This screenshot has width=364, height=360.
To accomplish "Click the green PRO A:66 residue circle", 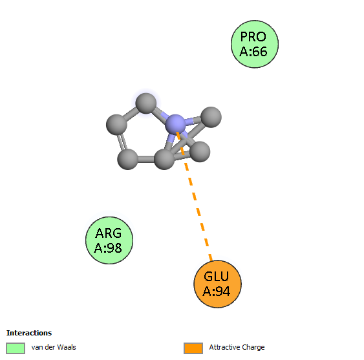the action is (255, 44).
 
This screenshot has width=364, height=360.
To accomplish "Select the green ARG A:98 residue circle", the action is (109, 240).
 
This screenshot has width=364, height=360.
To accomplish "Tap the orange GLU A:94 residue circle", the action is (217, 284).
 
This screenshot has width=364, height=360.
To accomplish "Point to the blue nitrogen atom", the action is (175, 125).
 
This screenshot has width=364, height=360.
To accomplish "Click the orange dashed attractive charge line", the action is (194, 196).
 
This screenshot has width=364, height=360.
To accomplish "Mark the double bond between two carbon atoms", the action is (123, 142).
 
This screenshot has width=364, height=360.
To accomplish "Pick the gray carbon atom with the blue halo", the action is (145, 103).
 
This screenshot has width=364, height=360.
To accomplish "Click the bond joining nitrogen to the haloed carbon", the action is (160, 114).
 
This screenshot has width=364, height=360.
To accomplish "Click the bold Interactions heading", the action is (29, 333).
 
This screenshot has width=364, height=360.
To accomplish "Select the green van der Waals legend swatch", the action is (16, 348).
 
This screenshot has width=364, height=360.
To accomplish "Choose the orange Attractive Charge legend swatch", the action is (193, 348).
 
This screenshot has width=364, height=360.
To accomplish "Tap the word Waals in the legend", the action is (67, 347).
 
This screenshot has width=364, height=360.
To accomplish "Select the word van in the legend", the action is (37, 348).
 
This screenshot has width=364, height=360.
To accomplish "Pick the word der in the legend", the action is (49, 347).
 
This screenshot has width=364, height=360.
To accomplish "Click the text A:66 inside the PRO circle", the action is (253, 52).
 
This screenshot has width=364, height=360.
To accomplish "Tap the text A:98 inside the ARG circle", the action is (108, 248).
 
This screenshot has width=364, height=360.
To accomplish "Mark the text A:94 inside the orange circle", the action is (217, 291).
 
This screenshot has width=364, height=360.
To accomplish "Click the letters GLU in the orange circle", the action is (217, 277).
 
